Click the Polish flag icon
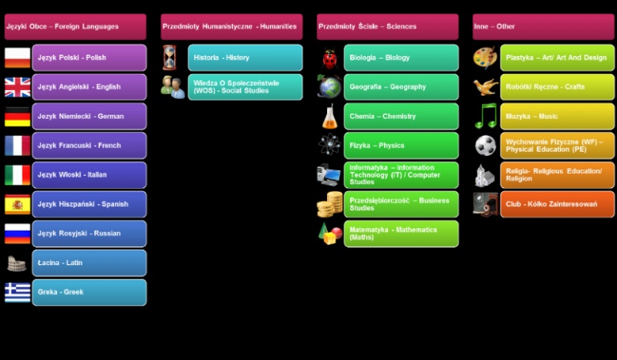coord(17,58)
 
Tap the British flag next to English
coord(17,87)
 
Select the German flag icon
coord(17,117)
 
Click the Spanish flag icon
coord(17,204)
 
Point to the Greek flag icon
coord(17,292)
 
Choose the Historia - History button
coord(245,58)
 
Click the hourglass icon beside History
coord(170,58)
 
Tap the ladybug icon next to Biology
coord(329,58)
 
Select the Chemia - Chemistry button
coord(401,117)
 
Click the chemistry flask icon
coord(329,117)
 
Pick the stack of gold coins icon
coord(329,204)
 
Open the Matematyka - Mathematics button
coord(401,233)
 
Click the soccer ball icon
coord(485,145)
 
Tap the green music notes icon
coord(485,117)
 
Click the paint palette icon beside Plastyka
coord(485,58)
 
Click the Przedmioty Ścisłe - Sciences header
coord(387,27)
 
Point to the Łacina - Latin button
coord(89,263)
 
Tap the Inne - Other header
coord(543,27)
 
